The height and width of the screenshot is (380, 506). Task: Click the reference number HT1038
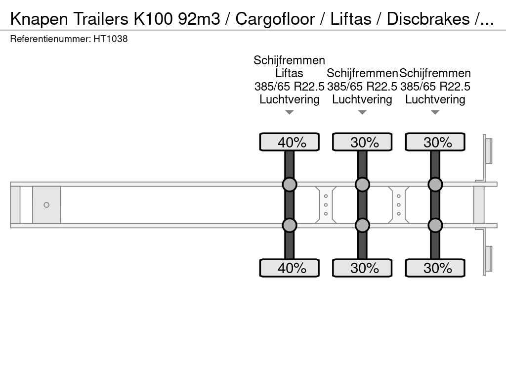110,39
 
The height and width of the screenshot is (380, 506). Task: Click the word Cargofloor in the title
275,19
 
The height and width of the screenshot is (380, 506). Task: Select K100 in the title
153,19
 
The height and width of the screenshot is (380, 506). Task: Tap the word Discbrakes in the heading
428,19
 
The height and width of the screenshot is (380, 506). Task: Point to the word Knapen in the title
39,19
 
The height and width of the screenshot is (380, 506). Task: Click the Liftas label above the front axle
289,73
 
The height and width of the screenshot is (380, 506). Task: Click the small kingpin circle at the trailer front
46,205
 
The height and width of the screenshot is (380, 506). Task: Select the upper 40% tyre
290,142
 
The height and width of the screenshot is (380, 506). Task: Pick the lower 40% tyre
290,268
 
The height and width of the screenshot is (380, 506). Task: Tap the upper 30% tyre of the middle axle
362,142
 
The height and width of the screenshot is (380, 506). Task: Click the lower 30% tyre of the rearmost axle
435,268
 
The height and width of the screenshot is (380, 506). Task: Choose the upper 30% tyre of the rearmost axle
435,142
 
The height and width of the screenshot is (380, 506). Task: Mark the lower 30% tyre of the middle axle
362,268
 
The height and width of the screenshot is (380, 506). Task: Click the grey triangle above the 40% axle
290,112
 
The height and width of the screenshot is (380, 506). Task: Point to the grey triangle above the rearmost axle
435,112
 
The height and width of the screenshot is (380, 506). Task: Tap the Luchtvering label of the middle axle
362,99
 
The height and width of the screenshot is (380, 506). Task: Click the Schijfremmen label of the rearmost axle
435,73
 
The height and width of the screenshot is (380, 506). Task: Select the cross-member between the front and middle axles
326,205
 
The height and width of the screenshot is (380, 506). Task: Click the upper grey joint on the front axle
290,185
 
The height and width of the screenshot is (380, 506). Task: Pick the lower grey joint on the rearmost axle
435,225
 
